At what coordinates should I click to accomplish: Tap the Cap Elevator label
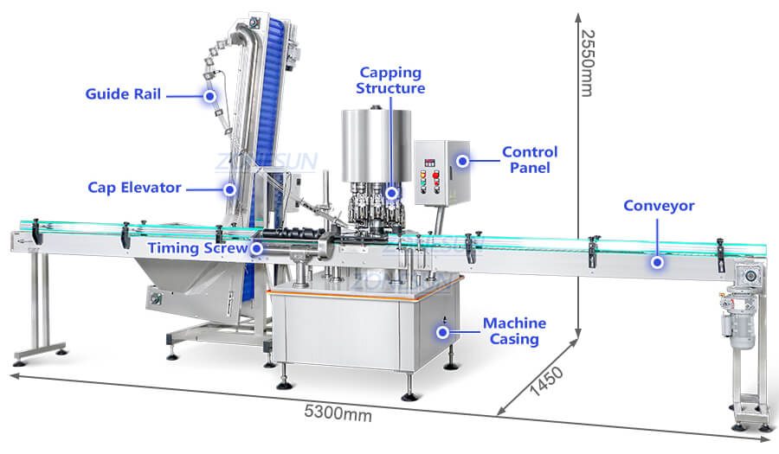coord(134,188)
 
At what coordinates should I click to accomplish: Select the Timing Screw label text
coord(197,248)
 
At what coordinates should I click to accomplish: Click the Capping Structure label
coord(391,80)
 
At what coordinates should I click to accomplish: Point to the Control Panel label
coord(530,160)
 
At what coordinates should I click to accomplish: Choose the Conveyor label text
coord(659,206)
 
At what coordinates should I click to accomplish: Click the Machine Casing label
coord(514,331)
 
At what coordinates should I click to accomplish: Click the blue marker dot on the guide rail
coord(209,96)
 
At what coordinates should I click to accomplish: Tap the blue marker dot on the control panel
coord(462,160)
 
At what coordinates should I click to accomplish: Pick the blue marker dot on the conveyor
coord(657,261)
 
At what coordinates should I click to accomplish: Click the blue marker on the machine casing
coord(443,330)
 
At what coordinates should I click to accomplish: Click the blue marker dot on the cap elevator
coord(230,188)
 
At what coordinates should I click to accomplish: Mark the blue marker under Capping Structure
coord(392,192)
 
